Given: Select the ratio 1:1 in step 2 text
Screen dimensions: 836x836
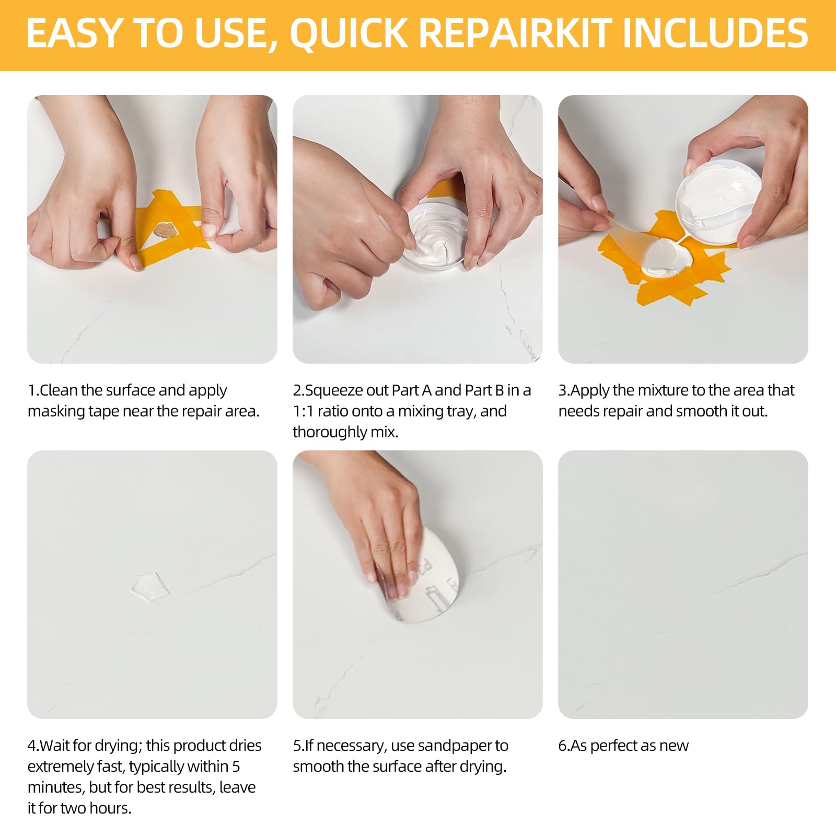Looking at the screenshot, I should pyautogui.click(x=303, y=411).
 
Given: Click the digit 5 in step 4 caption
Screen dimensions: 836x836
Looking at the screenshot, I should pyautogui.click(x=236, y=767).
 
